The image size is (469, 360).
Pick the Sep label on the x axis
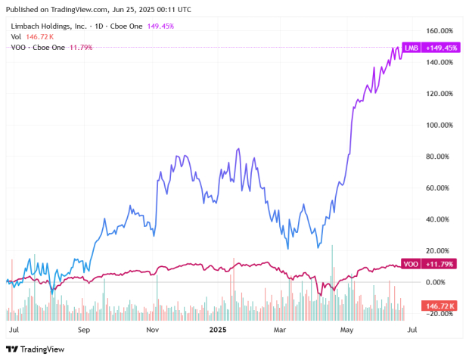pyautogui.click(x=83, y=330)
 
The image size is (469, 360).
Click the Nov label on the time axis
pyautogui.click(x=152, y=330)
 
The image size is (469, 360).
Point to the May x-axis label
pyautogui.click(x=346, y=330)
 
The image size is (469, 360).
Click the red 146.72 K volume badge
pyautogui.click(x=440, y=306)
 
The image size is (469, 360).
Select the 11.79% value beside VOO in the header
pyautogui.click(x=79, y=47)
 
